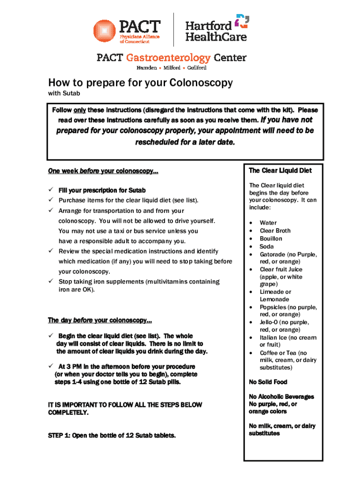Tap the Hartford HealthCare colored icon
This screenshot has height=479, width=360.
tap(242, 22)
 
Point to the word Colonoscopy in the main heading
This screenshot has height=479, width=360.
tap(201, 83)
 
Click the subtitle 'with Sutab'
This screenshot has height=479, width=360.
tap(64, 94)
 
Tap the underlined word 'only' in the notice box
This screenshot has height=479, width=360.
tap(79, 110)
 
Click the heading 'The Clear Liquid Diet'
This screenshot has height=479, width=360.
tap(280, 171)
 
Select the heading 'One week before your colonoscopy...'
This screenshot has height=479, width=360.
tap(103, 172)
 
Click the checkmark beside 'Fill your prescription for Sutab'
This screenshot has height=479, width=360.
tap(51, 190)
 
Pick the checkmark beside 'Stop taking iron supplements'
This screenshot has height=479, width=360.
tap(51, 281)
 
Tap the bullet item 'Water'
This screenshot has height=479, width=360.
tap(268, 223)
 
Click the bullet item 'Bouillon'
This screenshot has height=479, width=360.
tap(271, 239)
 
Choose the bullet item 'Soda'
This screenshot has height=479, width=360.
tap(266, 247)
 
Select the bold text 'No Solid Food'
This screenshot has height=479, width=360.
tap(268, 382)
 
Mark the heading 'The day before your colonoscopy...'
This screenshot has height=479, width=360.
tap(100, 320)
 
